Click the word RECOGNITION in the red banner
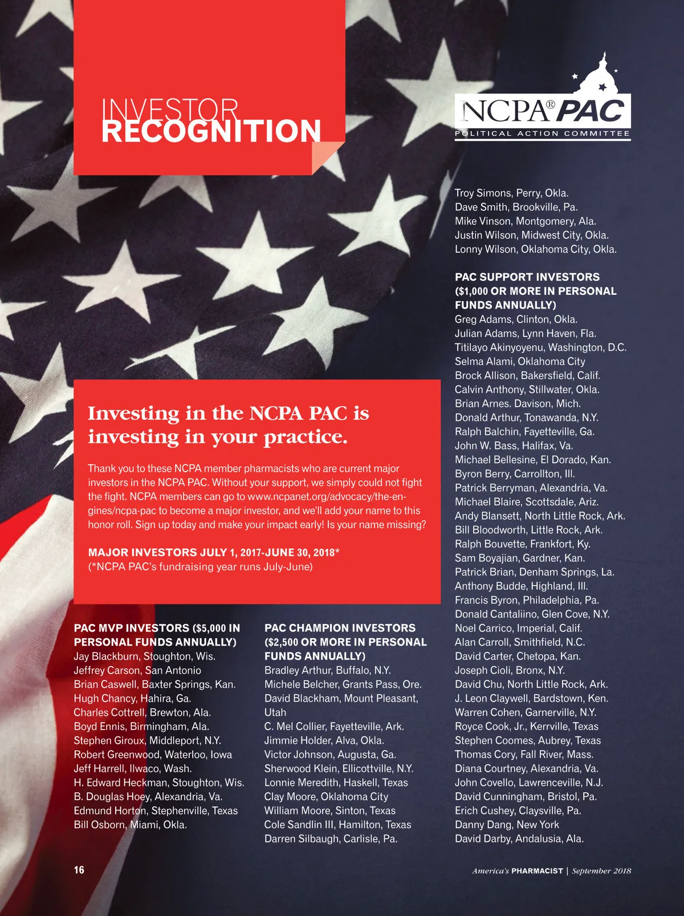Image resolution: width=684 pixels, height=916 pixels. pos(211,131)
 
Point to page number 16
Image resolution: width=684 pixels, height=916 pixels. pos(79,870)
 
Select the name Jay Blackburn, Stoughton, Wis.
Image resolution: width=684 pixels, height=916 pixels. pos(144,656)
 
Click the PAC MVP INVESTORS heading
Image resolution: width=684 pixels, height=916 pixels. pos(157,634)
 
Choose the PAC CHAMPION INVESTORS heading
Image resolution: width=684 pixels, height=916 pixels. pos(345,642)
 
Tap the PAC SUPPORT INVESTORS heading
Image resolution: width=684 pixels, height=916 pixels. pos(535,291)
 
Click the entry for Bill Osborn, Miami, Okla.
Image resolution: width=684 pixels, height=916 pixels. pos(130,824)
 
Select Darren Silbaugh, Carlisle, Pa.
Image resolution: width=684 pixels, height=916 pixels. pos(331,838)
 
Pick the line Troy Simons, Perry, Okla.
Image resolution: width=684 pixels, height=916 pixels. pos(511,193)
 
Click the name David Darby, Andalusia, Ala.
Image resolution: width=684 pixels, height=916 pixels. pos(519,838)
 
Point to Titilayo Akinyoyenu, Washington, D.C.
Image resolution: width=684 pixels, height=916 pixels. pos(540,347)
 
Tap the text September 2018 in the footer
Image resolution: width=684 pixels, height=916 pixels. pos(601,870)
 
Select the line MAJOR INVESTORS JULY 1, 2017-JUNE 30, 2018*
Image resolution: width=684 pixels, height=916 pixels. pos(214,552)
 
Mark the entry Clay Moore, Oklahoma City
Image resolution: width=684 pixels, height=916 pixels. pos(325,796)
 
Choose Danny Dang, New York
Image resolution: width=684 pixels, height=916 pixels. pos(507,824)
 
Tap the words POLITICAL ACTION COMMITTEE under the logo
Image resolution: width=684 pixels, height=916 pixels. pos(542,133)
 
